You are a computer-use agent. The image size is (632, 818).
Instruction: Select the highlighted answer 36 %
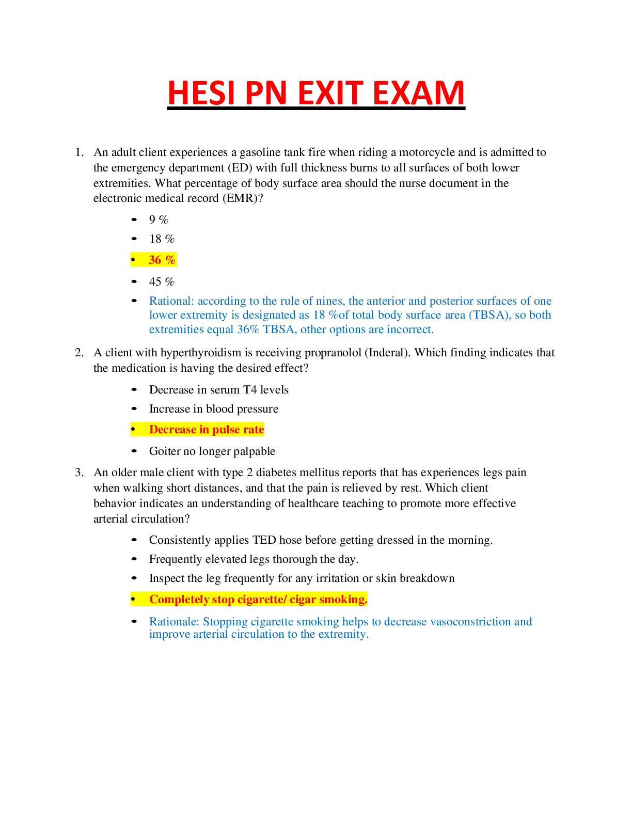click(162, 260)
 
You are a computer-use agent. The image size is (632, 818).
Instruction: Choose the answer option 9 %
click(159, 220)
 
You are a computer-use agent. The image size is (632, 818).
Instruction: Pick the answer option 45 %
click(162, 282)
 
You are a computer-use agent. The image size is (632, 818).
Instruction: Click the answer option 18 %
click(162, 239)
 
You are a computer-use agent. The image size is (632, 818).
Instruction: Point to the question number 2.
click(79, 353)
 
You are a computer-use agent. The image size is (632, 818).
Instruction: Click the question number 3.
click(79, 473)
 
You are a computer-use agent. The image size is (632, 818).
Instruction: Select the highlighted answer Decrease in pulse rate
click(207, 430)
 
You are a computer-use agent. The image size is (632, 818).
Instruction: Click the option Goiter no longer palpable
click(212, 451)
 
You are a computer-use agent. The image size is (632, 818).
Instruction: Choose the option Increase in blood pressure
click(213, 409)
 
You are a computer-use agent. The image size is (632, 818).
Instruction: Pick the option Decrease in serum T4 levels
click(218, 390)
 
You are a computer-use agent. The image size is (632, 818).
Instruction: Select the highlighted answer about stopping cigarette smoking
click(258, 600)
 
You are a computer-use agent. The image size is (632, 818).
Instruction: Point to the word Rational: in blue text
click(171, 301)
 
